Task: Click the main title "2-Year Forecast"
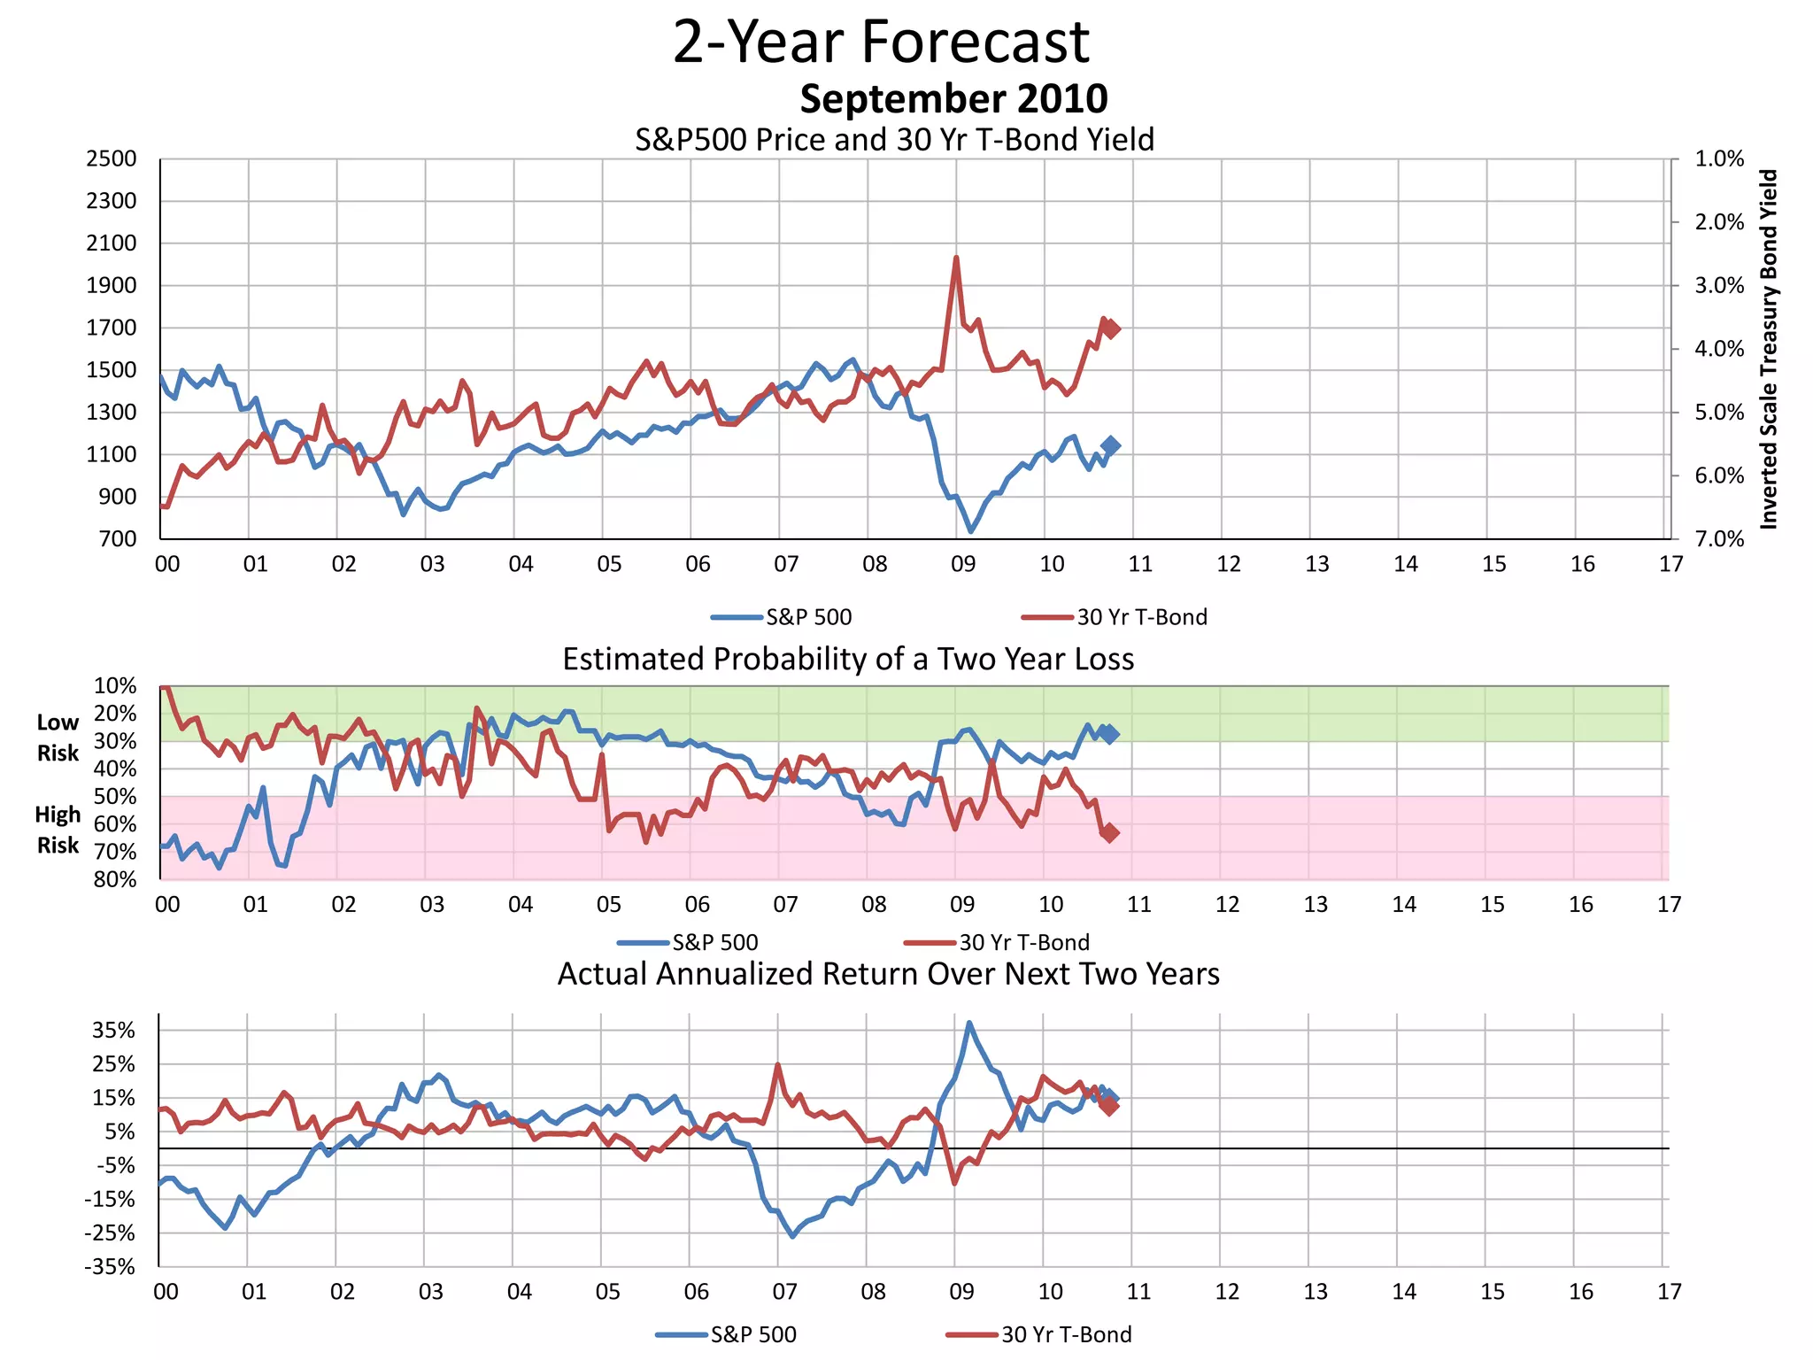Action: coord(881,42)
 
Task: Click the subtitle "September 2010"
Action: coord(953,98)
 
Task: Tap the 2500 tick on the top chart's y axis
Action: coord(112,158)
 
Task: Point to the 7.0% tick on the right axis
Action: coord(1718,539)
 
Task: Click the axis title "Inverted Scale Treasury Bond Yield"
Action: coord(1769,349)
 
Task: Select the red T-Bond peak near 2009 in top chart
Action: coord(956,258)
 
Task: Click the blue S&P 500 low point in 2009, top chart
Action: coord(971,530)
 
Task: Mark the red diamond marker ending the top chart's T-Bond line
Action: coord(1112,328)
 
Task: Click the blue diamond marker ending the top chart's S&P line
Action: coord(1110,446)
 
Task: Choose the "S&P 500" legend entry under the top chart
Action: coord(807,617)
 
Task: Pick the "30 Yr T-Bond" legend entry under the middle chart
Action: coord(1023,942)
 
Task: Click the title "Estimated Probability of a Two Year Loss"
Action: coord(848,660)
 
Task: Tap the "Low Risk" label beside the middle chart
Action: coord(58,738)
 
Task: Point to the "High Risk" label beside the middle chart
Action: coord(58,830)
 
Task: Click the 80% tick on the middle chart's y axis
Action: coord(115,879)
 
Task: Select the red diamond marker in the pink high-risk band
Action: coord(1110,832)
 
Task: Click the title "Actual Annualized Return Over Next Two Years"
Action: coord(888,974)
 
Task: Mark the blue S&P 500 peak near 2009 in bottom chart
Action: coord(969,1023)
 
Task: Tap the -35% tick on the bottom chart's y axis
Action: coord(110,1267)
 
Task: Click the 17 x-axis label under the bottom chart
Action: coord(1669,1292)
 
